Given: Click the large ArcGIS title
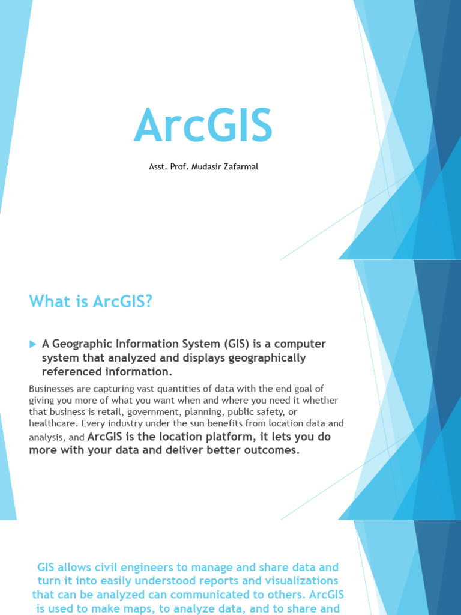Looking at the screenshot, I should point(203,125).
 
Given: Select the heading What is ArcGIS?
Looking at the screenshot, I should point(91,301).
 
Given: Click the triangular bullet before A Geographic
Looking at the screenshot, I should point(32,344).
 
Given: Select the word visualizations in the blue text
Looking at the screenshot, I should point(299,581).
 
